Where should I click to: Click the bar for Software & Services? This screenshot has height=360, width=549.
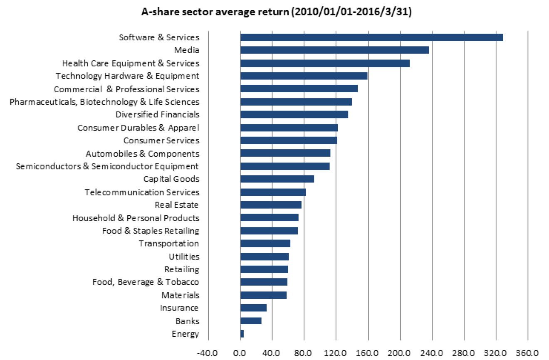(x=371, y=37)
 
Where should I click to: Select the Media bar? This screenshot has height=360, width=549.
(x=334, y=50)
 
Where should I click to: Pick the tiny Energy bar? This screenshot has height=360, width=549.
(x=242, y=334)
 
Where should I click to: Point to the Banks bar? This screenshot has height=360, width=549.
(x=251, y=321)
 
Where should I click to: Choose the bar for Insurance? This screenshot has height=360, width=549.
(x=253, y=308)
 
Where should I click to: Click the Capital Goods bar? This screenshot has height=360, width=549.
(x=277, y=179)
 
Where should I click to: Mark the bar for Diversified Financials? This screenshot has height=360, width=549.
(x=294, y=115)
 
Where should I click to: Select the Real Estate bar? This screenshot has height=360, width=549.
(x=271, y=205)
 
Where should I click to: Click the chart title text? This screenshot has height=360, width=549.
(x=277, y=12)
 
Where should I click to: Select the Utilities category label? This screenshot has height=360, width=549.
(x=184, y=256)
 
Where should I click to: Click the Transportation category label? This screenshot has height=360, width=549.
(x=169, y=244)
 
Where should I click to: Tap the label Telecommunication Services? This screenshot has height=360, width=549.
(x=142, y=192)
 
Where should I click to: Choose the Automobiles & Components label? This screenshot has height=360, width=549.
(x=142, y=154)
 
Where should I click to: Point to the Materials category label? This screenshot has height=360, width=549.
(x=181, y=295)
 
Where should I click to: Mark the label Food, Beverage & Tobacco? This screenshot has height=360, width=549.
(x=146, y=282)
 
